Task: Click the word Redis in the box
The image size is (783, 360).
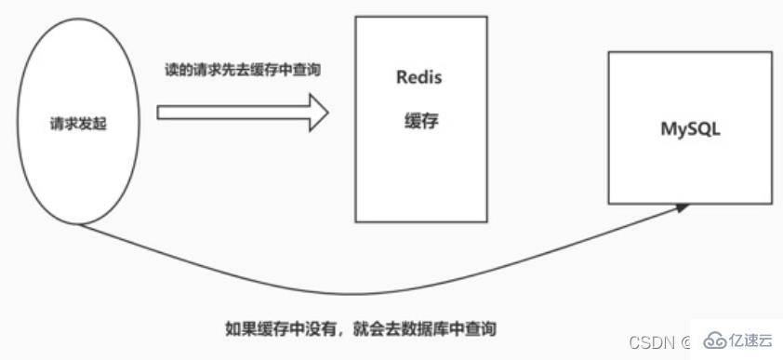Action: (419, 77)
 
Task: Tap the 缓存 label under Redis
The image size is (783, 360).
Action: (420, 122)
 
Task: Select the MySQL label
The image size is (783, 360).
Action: (690, 129)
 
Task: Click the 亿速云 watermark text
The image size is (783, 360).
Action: (749, 341)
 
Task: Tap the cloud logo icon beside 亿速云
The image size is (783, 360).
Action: (712, 341)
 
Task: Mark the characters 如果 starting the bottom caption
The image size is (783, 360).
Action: (238, 328)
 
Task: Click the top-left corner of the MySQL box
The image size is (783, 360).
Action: (608, 53)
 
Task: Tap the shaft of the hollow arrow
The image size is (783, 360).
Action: (232, 113)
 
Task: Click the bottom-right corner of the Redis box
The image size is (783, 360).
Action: (487, 221)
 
